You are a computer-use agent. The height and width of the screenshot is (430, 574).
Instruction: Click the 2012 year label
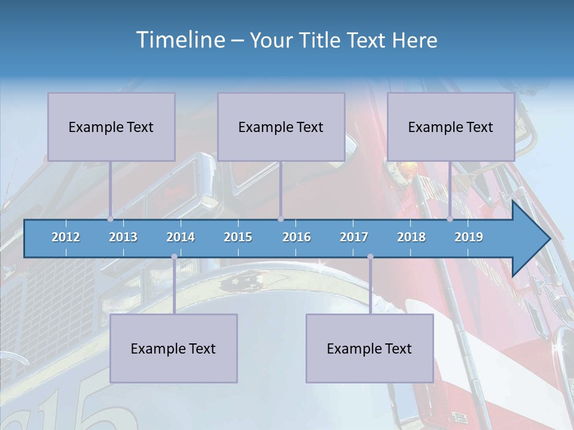66,237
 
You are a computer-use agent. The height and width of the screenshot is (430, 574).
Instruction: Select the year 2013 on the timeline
123,237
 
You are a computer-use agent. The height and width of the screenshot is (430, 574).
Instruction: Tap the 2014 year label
181,237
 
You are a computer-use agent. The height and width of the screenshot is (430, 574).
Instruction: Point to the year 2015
238,237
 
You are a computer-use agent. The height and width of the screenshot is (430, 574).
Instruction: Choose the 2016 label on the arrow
297,237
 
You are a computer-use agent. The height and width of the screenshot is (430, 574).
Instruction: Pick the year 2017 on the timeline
354,237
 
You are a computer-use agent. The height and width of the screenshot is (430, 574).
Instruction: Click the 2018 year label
411,237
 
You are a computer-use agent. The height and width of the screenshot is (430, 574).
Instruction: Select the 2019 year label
469,237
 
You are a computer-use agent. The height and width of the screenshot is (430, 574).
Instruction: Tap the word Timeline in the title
179,40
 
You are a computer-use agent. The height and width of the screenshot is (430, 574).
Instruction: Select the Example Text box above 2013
111,127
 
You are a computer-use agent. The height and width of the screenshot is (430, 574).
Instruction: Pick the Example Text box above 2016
281,127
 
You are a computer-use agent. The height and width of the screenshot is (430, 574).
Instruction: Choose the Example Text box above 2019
451,127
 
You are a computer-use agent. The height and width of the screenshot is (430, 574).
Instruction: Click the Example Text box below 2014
173,348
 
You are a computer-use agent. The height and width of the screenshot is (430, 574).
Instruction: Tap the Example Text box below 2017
370,348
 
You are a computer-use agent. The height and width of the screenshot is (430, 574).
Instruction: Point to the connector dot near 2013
110,219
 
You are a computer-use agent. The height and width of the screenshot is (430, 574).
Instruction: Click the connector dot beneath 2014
174,257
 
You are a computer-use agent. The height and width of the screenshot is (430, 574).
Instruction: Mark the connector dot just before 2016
280,219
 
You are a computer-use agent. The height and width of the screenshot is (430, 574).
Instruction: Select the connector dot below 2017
370,257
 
